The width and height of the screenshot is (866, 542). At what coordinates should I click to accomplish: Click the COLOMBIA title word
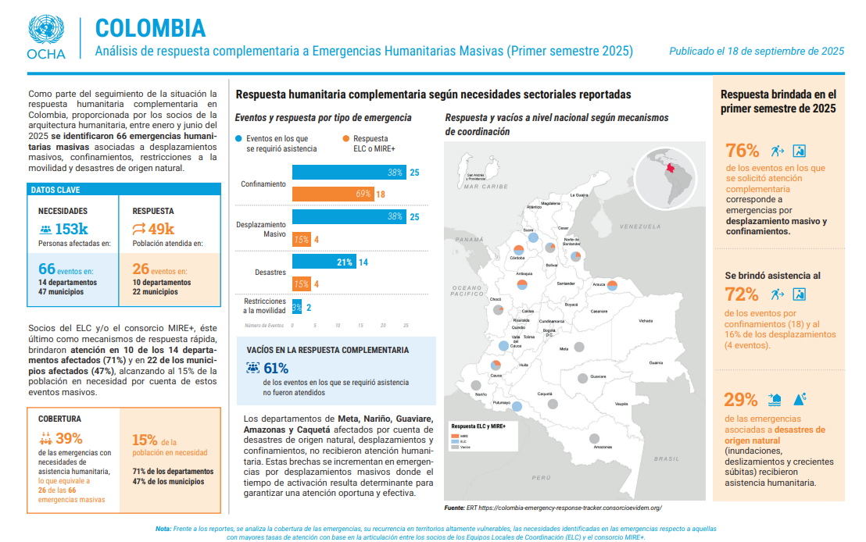150,28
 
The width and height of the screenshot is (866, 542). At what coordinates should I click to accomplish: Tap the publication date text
756,52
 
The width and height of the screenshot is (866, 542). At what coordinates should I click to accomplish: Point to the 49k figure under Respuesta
161,229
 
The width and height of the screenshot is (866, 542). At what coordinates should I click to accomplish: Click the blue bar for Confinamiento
349,173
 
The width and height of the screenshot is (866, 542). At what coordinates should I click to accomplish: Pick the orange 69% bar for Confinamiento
332,194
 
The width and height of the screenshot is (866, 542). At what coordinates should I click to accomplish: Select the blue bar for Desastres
324,262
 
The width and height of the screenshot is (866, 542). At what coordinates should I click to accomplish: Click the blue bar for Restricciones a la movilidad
297,308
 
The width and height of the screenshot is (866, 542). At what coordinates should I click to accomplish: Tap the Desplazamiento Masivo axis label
261,229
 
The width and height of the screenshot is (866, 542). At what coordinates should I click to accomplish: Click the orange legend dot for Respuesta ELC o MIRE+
345,138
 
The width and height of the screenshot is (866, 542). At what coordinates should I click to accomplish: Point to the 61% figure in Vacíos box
276,368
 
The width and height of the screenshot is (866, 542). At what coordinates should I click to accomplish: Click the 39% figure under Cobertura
69,438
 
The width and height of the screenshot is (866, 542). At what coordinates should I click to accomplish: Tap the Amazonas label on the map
602,448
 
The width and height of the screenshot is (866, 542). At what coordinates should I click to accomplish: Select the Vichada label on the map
645,320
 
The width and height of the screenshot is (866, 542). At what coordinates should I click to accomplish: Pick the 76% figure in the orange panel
742,151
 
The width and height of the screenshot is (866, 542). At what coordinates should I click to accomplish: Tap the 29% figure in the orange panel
740,400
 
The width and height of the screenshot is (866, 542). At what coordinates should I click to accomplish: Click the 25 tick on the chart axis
406,324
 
